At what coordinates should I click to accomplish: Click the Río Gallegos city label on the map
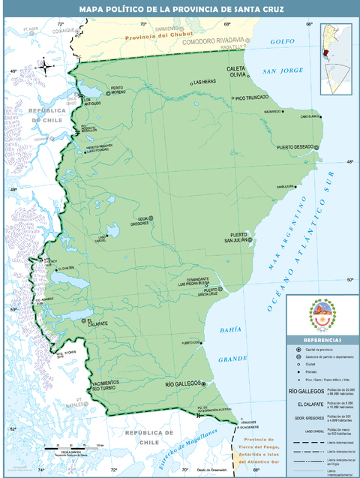pos(182,383)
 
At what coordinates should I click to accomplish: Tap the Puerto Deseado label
pos(295,148)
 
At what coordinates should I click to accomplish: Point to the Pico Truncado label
pos(252,98)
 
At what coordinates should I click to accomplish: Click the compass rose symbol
pos(45,68)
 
